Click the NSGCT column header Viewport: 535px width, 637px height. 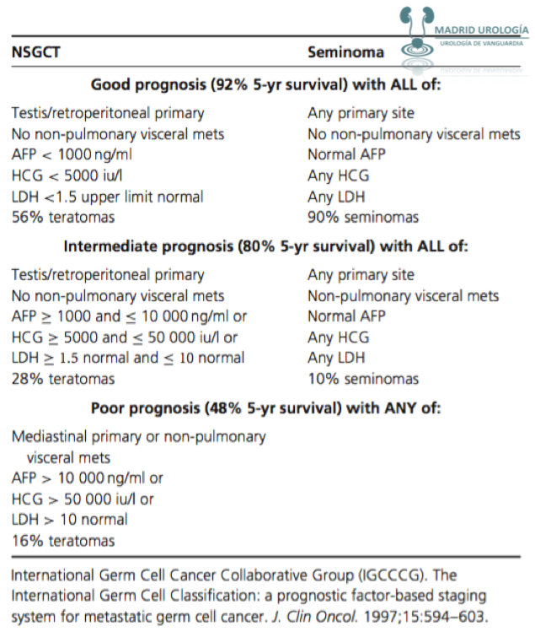[x=36, y=51]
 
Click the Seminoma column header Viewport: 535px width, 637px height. [x=345, y=51]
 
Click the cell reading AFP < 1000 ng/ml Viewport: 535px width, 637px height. [x=72, y=155]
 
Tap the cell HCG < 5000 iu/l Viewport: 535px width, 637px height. [x=67, y=176]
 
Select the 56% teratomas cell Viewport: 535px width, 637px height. [x=63, y=218]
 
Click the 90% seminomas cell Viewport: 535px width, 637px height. [x=363, y=218]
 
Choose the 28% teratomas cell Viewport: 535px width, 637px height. [x=63, y=379]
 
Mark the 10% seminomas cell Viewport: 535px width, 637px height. [x=363, y=379]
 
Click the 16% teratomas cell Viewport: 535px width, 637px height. [x=63, y=541]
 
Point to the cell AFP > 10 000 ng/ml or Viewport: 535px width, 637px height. [x=88, y=478]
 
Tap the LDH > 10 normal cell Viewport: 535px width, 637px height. [x=70, y=520]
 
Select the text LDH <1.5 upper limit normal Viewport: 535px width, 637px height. [x=108, y=197]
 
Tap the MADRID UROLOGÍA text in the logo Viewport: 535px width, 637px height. [x=481, y=29]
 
